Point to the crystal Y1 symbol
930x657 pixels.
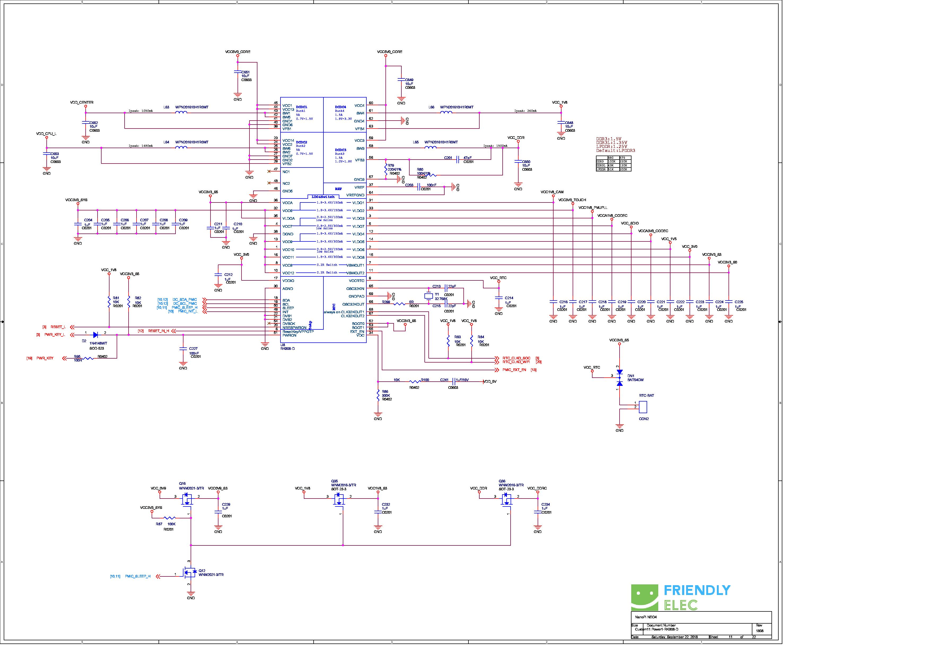(x=428, y=296)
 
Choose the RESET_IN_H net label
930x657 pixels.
(x=158, y=331)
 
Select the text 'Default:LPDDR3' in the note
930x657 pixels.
(x=615, y=151)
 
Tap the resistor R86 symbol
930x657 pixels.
(x=378, y=395)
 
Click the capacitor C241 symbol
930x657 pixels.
(x=454, y=382)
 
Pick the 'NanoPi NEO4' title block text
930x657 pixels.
(x=646, y=617)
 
